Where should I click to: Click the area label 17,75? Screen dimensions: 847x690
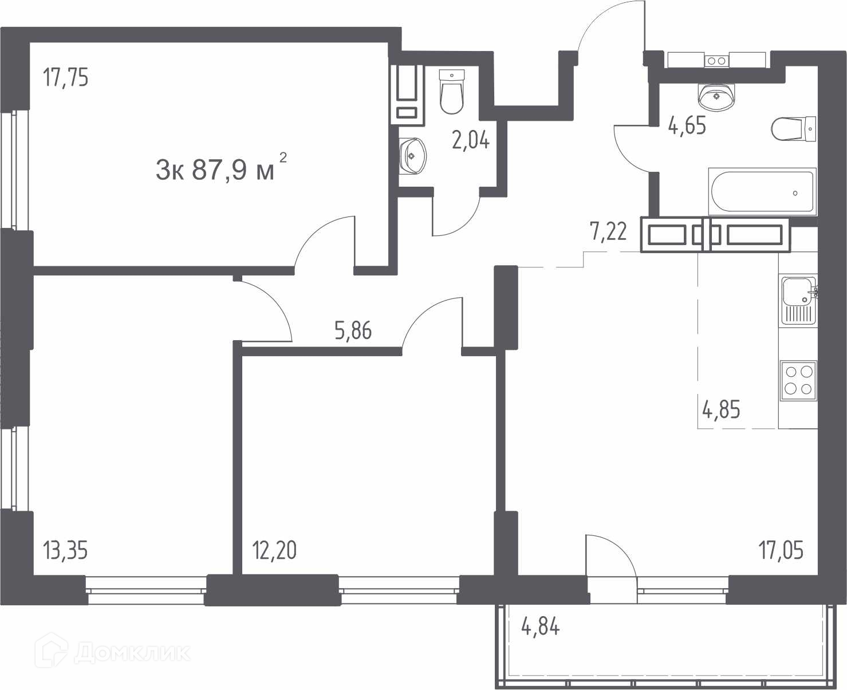(66, 77)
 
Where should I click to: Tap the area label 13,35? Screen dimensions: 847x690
(65, 551)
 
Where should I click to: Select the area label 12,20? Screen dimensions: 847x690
(274, 551)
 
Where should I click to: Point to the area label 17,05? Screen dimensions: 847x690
(781, 551)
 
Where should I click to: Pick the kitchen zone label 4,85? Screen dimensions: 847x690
(722, 410)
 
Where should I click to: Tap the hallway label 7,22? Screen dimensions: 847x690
(608, 232)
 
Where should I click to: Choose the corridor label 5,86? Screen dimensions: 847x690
(353, 331)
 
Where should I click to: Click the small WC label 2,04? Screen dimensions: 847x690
(471, 140)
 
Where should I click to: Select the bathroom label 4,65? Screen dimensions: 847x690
(687, 125)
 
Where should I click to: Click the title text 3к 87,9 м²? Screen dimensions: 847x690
(221, 168)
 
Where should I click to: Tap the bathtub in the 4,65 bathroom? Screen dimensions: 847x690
(762, 192)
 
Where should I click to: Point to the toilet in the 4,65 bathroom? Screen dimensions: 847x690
(794, 129)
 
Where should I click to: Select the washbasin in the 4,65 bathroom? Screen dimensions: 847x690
(716, 96)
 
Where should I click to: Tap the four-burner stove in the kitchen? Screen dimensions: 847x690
(798, 381)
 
